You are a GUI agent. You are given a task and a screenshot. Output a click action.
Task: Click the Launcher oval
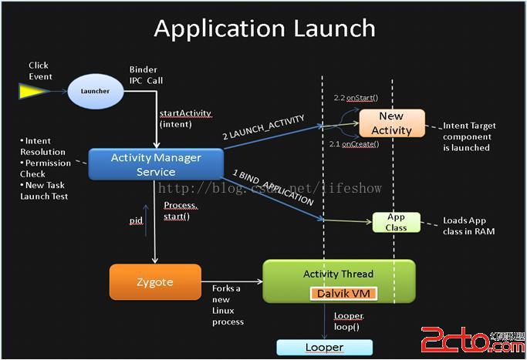[96, 91]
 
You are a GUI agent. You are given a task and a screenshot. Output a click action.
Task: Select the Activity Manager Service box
[156, 164]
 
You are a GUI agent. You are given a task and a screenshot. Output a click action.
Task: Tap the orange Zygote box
[155, 283]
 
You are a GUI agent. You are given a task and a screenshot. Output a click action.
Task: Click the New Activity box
[392, 123]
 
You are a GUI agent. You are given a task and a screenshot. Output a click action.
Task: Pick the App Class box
[396, 223]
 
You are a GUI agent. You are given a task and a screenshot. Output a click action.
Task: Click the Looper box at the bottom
[324, 348]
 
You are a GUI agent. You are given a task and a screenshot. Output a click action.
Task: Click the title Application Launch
[264, 29]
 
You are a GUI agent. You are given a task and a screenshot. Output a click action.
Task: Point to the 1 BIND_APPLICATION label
[273, 188]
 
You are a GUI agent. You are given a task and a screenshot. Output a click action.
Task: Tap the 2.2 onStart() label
[354, 99]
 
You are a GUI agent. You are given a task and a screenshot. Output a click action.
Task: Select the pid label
[136, 220]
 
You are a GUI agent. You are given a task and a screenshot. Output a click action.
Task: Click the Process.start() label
[181, 210]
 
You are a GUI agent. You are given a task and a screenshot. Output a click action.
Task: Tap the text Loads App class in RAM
[468, 226]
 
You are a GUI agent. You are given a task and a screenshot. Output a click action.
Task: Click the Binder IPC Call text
[146, 75]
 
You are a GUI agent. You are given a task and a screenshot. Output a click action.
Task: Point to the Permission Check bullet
[46, 168]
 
